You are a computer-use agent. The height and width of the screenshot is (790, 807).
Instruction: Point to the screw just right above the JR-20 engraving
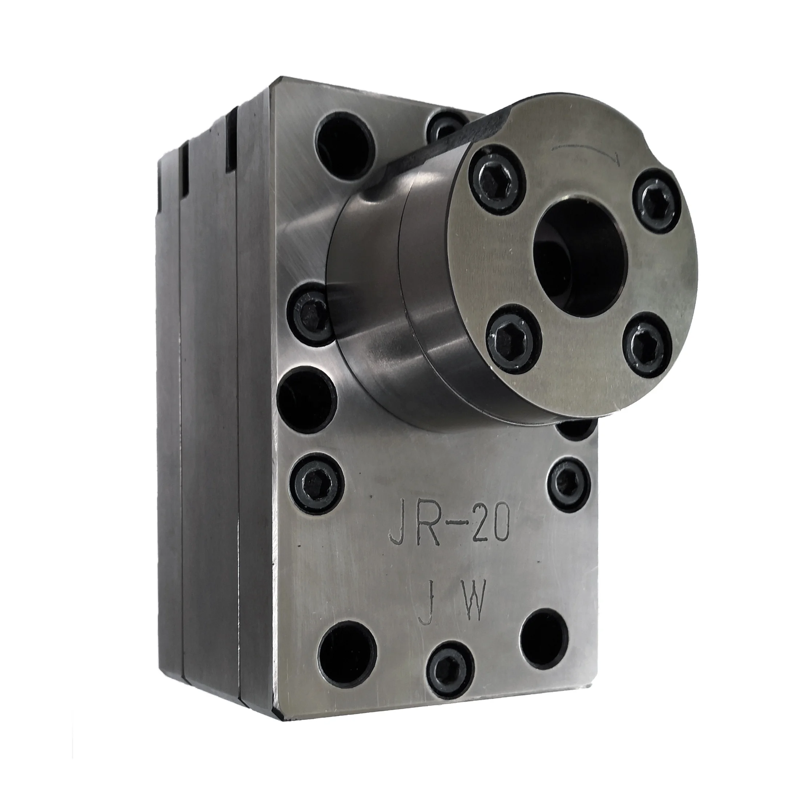[569, 484]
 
